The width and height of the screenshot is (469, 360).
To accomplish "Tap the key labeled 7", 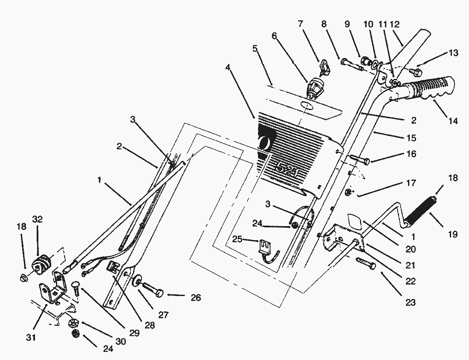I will [x=326, y=66].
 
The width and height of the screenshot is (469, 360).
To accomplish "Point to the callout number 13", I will [x=453, y=53].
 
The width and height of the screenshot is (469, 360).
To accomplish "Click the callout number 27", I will [x=164, y=315].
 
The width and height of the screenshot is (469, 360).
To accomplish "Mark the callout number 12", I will [x=395, y=24].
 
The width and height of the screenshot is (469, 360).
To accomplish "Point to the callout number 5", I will [x=255, y=49].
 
